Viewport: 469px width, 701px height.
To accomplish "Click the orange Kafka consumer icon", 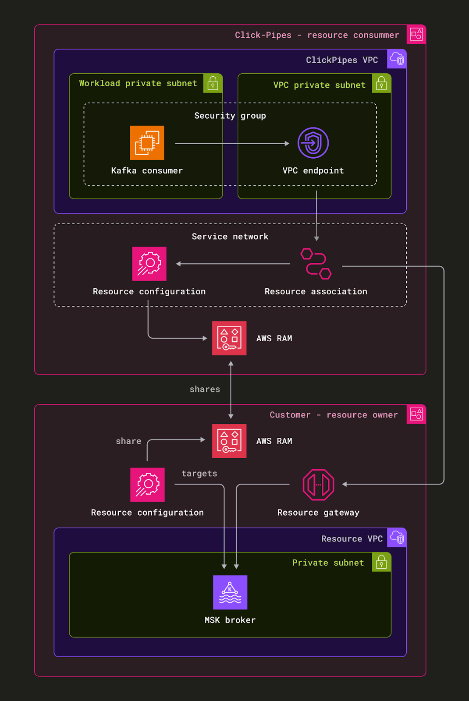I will click(x=147, y=143).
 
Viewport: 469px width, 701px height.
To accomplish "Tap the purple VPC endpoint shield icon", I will click(x=313, y=143).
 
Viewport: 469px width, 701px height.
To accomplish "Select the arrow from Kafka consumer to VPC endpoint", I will click(x=232, y=143).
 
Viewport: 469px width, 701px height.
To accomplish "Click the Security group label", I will click(x=230, y=116).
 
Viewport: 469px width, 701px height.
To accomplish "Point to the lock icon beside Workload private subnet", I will click(x=213, y=83).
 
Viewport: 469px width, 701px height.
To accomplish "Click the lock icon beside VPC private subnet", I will click(x=381, y=83).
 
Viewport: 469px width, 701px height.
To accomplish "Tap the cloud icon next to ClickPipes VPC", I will click(x=397, y=59).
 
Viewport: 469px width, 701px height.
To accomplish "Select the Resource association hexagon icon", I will click(x=316, y=264).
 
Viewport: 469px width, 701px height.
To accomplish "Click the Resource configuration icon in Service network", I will click(x=149, y=264).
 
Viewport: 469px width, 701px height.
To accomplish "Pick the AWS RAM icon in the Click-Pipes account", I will click(x=229, y=338).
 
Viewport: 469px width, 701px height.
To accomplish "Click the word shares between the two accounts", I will click(x=205, y=389).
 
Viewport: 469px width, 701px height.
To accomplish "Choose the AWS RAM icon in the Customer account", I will click(x=229, y=441).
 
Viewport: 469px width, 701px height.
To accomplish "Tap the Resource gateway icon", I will click(x=319, y=485).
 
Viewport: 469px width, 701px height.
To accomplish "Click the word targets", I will click(x=199, y=474).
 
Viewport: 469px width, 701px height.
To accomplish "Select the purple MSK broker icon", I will click(x=230, y=592).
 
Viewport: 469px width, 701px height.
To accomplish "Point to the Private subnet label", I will click(x=328, y=563).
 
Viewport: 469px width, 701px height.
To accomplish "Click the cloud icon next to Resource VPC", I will click(x=397, y=538).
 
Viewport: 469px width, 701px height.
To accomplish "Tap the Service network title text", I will click(x=230, y=237).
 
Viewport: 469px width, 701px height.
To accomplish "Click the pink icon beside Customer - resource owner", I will click(x=416, y=414).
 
